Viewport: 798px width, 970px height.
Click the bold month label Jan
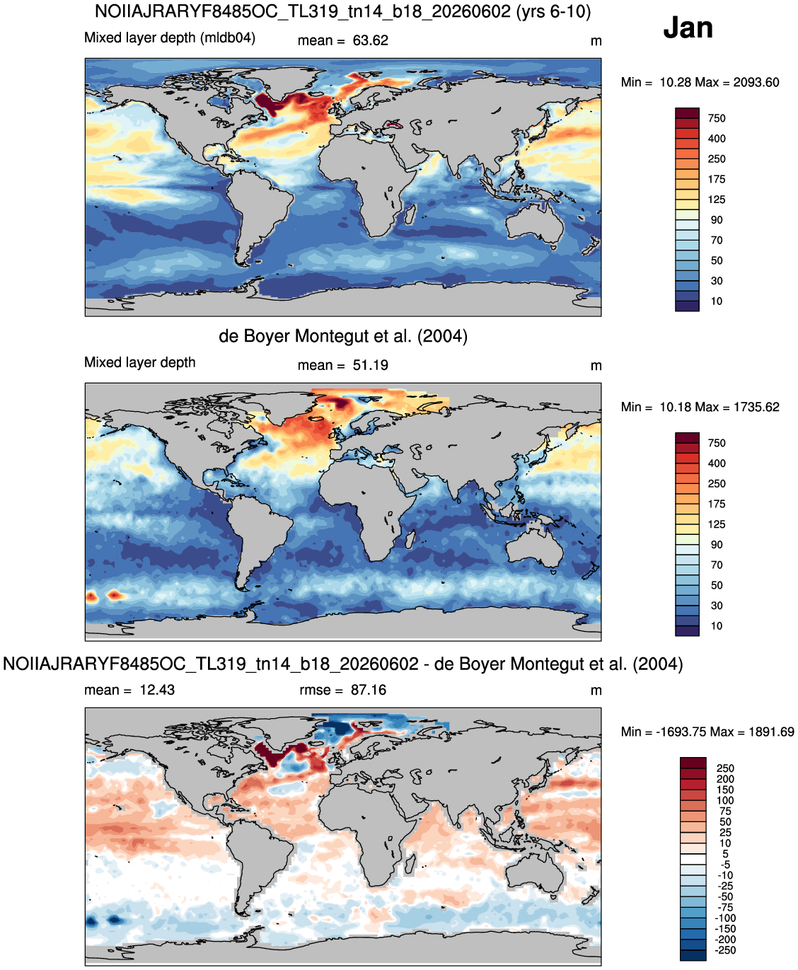click(x=688, y=28)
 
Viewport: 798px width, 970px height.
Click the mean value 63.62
click(x=370, y=40)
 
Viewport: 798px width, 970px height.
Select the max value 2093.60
click(x=756, y=82)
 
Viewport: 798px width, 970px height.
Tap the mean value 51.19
click(x=370, y=365)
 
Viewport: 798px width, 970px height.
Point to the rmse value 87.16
click(x=369, y=690)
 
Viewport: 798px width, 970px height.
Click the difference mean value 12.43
click(x=157, y=690)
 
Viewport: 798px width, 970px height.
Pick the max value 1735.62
click(x=756, y=407)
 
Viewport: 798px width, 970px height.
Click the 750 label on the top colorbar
click(x=717, y=118)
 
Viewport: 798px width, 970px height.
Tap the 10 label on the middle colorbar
click(x=717, y=626)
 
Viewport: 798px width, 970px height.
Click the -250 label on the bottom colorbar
click(x=726, y=950)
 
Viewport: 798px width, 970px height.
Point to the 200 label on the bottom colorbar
click(x=725, y=779)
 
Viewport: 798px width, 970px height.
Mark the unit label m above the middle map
click(x=596, y=366)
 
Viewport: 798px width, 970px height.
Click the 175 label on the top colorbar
click(x=717, y=180)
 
